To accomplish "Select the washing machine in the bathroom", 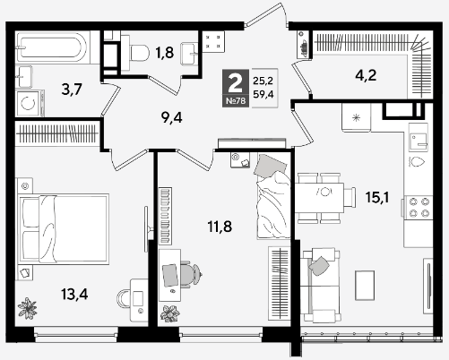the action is point(30,103).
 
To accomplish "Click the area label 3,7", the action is point(72,89).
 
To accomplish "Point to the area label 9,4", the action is point(171,118).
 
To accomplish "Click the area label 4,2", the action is point(366,75).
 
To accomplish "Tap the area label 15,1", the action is point(377,197).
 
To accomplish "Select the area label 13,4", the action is point(74,295).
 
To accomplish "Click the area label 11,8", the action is point(220,227).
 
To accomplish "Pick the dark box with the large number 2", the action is point(236,88).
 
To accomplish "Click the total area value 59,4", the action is point(263,95).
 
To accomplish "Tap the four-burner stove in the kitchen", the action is point(419,207).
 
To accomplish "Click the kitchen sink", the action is point(419,140).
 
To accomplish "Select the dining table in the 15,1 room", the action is point(320,198).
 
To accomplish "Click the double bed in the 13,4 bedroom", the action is point(63,228).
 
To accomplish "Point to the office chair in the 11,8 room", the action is point(191,274).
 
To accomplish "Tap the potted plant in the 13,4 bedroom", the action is point(27,308).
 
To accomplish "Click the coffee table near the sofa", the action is point(365,285).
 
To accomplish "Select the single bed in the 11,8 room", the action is point(273,196).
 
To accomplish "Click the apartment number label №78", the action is point(236,101).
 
